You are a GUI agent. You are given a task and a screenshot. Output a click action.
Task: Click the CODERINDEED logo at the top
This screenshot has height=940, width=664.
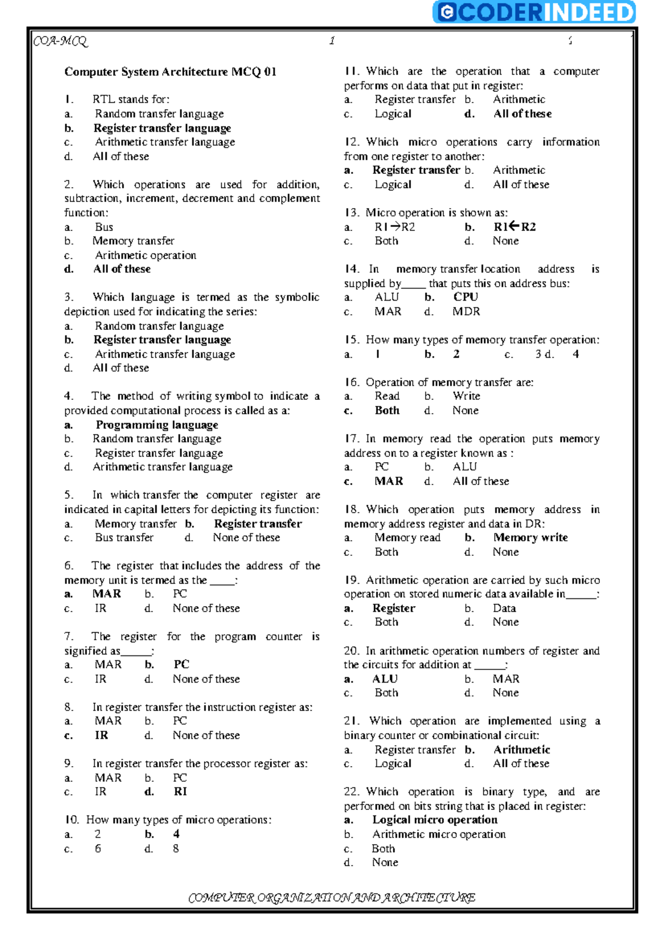coord(535,12)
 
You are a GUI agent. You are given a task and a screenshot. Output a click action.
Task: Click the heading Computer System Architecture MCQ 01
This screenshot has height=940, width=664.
coord(170,72)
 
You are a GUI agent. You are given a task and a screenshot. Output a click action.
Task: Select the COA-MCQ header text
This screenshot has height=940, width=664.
coord(60,41)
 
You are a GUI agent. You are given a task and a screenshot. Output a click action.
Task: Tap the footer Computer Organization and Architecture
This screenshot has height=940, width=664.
coord(331,897)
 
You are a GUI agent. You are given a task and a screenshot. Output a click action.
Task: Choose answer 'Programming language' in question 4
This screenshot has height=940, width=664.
coord(157,425)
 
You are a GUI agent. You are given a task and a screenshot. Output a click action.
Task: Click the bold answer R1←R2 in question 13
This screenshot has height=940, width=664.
coord(514,227)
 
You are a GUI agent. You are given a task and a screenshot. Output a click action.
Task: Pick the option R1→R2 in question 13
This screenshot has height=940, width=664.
coord(395,227)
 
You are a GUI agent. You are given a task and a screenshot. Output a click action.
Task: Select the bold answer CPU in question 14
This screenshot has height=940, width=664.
coord(465,297)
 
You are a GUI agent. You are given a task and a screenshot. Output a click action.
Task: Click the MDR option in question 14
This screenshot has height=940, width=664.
coord(466,312)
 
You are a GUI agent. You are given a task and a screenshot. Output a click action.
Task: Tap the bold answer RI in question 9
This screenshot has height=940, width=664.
coord(180,792)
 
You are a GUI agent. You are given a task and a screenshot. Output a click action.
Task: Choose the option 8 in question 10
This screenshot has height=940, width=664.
coord(176,848)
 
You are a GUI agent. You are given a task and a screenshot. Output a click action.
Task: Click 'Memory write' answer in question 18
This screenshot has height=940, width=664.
coord(530,538)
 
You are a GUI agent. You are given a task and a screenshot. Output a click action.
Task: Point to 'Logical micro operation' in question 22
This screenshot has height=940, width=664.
coord(434,820)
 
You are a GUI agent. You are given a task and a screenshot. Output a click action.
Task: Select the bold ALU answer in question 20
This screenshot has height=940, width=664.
coord(385,679)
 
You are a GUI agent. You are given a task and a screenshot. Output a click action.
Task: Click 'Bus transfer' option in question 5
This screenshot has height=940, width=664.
coord(124,538)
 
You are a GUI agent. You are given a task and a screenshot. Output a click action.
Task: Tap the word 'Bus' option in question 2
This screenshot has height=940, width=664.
coord(104,227)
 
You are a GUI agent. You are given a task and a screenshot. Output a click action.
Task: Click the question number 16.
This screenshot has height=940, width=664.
coord(351,383)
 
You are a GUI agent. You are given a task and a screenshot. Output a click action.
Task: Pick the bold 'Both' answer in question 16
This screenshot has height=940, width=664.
coord(387,411)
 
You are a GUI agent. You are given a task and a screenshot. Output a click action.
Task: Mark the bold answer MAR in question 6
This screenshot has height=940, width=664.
coord(107,594)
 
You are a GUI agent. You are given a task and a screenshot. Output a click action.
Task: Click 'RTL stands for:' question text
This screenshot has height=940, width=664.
coord(131,100)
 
